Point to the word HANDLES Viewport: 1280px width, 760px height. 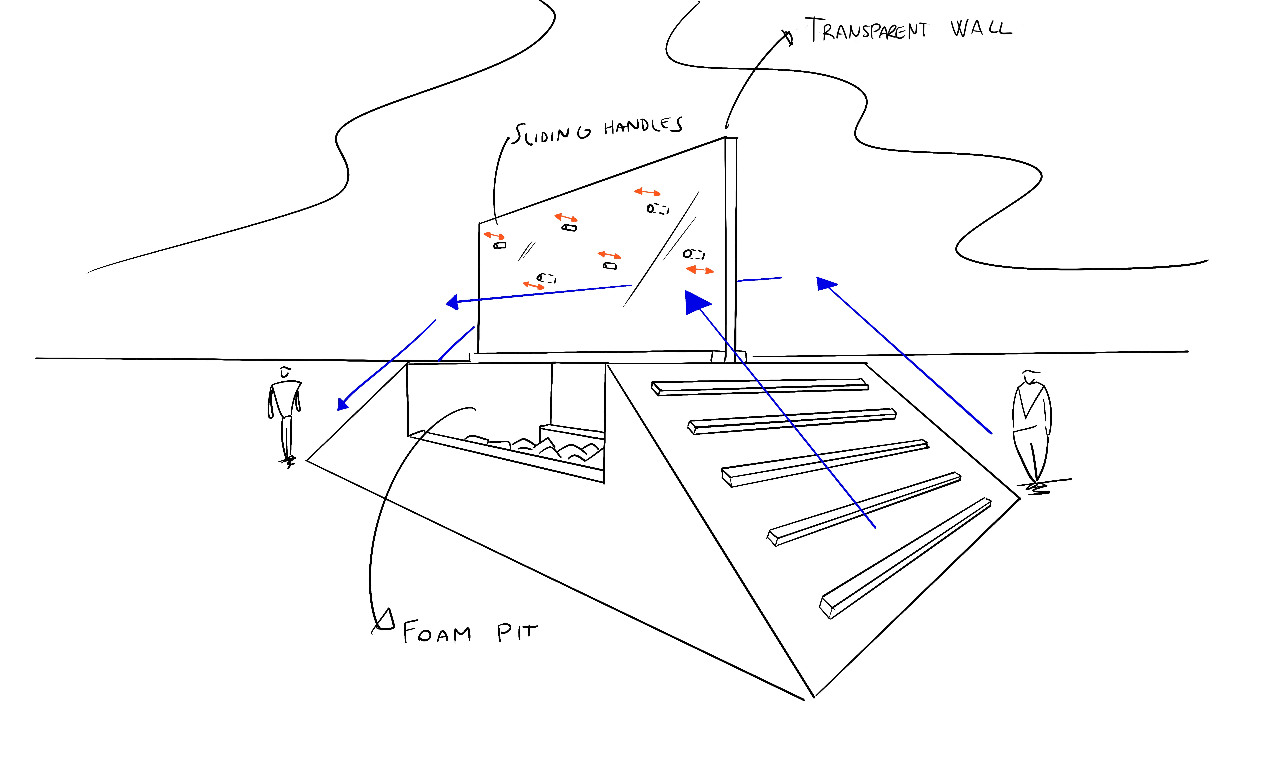tap(643, 126)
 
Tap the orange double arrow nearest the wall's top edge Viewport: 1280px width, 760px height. tap(647, 192)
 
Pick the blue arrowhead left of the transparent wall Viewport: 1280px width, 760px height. tap(452, 302)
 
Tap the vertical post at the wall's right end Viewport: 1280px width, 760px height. tap(731, 250)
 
